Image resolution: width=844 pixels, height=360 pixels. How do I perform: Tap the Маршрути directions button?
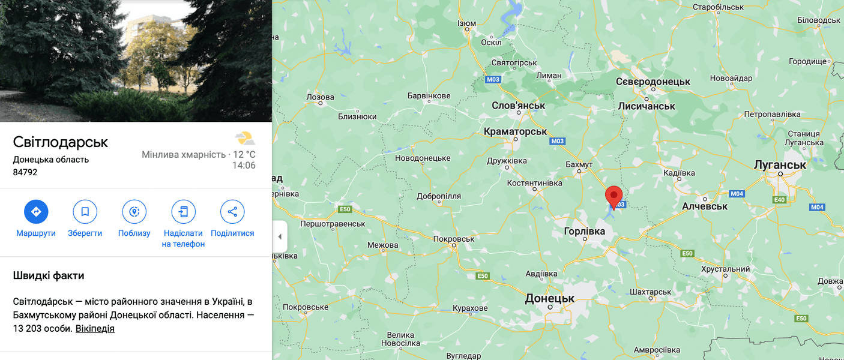(36, 212)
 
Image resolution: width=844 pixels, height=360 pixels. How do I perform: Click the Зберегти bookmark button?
(85, 212)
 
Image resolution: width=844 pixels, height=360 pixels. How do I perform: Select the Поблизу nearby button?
(134, 212)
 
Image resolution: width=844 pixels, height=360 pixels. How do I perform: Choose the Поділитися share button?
(232, 212)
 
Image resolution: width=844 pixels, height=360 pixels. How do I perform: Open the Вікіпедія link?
(95, 329)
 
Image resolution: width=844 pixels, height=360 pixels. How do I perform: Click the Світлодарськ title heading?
(61, 142)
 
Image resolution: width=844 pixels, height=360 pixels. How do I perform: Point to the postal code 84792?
(25, 172)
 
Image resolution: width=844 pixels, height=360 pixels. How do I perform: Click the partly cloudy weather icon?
(244, 138)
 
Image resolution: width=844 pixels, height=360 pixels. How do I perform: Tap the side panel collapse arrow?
(280, 236)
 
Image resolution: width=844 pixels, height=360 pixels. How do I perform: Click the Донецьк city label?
(550, 298)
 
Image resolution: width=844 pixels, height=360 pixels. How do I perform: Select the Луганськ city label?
(780, 165)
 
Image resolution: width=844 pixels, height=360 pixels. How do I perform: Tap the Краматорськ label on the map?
(515, 131)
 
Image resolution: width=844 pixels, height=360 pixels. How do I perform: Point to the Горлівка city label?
(585, 231)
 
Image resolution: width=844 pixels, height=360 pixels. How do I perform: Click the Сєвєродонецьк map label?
(653, 82)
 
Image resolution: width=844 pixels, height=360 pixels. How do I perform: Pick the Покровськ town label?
(454, 239)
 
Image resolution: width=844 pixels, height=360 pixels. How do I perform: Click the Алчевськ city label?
(705, 206)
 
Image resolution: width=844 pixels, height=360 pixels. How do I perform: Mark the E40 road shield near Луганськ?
(780, 200)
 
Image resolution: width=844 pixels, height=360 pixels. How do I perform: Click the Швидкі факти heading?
(49, 276)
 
